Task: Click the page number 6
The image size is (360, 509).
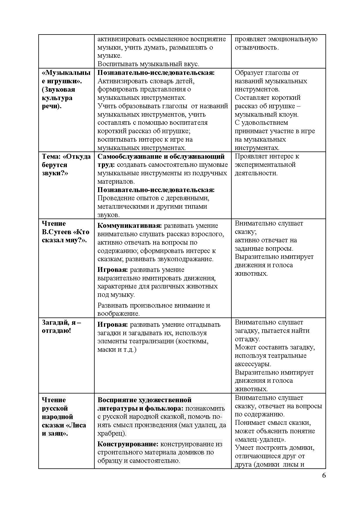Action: tap(324, 475)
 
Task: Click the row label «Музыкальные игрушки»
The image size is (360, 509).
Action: tap(66, 77)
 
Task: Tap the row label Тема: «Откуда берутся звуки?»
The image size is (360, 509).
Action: tap(66, 165)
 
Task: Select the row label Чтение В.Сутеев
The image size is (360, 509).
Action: tap(65, 232)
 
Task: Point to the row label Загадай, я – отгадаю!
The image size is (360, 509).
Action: tap(61, 326)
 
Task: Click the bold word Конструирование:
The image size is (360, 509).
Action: tap(128, 444)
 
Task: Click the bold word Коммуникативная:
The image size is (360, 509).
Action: tap(129, 225)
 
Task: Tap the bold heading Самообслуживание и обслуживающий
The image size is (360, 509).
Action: tap(161, 156)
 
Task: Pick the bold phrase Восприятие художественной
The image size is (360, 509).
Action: tap(144, 400)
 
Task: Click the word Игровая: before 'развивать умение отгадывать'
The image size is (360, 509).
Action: tap(112, 324)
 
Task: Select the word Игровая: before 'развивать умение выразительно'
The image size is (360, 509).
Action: tap(112, 270)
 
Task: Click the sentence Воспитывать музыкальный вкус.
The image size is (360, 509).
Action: tap(148, 64)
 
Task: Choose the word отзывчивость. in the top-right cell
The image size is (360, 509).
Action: tap(257, 47)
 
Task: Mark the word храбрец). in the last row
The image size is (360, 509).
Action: tap(112, 434)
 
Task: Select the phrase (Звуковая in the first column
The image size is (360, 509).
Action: tap(58, 89)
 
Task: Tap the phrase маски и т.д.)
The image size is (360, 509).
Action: tap(117, 349)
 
